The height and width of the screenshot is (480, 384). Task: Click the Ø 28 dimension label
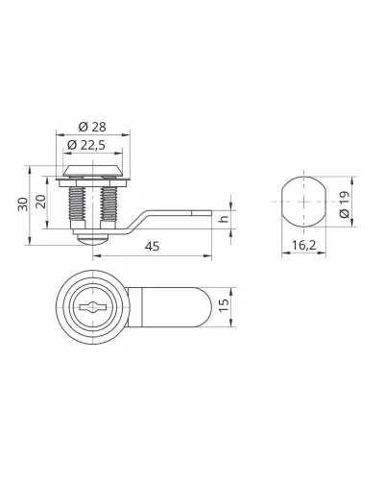(92, 127)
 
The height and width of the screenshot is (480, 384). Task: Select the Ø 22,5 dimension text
(86, 145)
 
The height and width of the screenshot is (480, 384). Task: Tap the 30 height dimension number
(23, 204)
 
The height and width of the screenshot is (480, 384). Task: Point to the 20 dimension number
(41, 202)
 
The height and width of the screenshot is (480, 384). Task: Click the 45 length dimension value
(152, 247)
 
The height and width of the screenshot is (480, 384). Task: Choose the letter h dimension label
(225, 219)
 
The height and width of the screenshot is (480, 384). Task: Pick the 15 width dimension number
(225, 305)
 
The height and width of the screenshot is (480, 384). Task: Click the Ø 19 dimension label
(345, 204)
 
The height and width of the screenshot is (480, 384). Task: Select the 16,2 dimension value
(303, 246)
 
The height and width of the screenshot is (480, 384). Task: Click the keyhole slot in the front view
(93, 307)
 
